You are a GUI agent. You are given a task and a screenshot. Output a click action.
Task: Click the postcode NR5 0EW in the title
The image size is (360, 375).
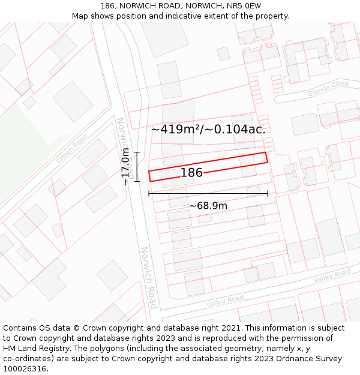click(x=245, y=6)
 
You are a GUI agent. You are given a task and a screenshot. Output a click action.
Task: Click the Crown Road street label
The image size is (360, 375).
click(x=71, y=149)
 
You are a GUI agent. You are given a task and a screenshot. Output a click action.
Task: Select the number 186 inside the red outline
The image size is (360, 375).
click(x=191, y=173)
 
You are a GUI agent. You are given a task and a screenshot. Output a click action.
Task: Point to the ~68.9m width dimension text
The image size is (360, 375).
click(x=208, y=206)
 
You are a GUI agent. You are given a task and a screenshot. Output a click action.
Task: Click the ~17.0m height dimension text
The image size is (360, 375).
click(x=125, y=166)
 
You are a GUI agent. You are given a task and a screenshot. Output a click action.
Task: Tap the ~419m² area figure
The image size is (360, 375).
click(x=175, y=129)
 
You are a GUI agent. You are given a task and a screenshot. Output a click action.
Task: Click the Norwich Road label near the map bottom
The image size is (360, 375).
click(x=148, y=277)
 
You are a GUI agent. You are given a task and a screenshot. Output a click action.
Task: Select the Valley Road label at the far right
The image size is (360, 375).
click(x=332, y=276)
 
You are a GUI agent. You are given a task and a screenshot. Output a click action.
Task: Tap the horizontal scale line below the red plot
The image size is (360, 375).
click(x=208, y=193)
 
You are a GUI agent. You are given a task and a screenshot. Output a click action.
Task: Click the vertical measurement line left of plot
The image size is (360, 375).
click(x=137, y=166)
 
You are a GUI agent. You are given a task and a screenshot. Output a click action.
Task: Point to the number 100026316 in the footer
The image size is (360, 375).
click(x=25, y=369)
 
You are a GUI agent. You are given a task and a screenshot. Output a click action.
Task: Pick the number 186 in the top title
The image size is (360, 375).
click(x=108, y=6)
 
